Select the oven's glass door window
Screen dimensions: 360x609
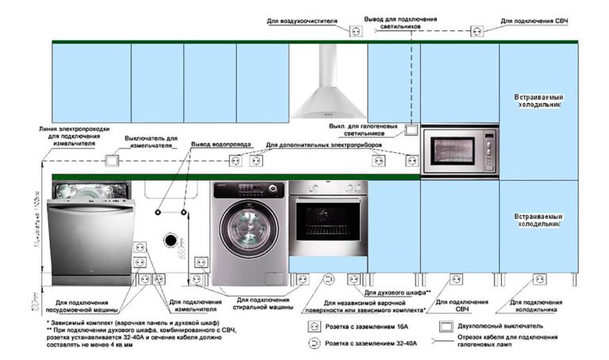(x=327, y=221)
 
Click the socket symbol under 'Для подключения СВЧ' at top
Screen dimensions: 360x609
(x=477, y=32)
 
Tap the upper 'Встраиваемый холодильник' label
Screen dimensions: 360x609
(x=538, y=100)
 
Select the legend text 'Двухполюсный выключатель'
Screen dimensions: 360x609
(x=507, y=327)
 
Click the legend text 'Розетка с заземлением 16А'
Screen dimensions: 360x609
(x=372, y=327)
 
